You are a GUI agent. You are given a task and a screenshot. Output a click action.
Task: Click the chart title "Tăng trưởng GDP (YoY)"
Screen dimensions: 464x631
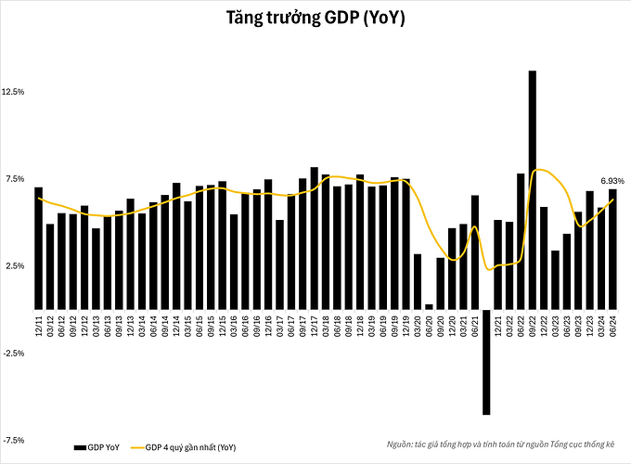pos(315,19)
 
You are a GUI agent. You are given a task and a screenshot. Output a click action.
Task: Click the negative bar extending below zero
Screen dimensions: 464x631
pos(486,361)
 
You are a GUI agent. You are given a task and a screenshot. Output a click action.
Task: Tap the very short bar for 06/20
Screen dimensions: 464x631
pos(429,306)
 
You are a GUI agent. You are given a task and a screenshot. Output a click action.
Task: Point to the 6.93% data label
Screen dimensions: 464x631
pos(612,180)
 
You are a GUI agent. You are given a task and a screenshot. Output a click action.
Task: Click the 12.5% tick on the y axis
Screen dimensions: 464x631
pos(14,93)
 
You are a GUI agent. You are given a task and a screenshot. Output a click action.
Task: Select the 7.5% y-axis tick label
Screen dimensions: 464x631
pos(16,179)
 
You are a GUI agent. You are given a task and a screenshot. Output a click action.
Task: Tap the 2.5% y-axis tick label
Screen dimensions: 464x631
pos(16,266)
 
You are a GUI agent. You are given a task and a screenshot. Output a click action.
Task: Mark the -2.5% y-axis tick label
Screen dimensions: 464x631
pos(14,353)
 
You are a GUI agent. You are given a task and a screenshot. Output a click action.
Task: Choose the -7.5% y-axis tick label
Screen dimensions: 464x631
pos(14,440)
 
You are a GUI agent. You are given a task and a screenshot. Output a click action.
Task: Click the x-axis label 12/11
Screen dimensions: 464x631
pos(38,324)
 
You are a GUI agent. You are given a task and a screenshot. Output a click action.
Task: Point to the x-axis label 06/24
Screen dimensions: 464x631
pos(612,324)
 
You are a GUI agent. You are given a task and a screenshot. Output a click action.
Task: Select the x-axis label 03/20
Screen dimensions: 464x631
pos(418,324)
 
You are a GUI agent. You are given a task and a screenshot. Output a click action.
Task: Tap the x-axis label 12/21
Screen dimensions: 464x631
pos(498,324)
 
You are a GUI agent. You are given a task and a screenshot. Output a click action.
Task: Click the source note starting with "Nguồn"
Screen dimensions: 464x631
pos(505,445)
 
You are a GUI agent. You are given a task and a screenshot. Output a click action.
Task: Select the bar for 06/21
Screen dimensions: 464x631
pos(475,251)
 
